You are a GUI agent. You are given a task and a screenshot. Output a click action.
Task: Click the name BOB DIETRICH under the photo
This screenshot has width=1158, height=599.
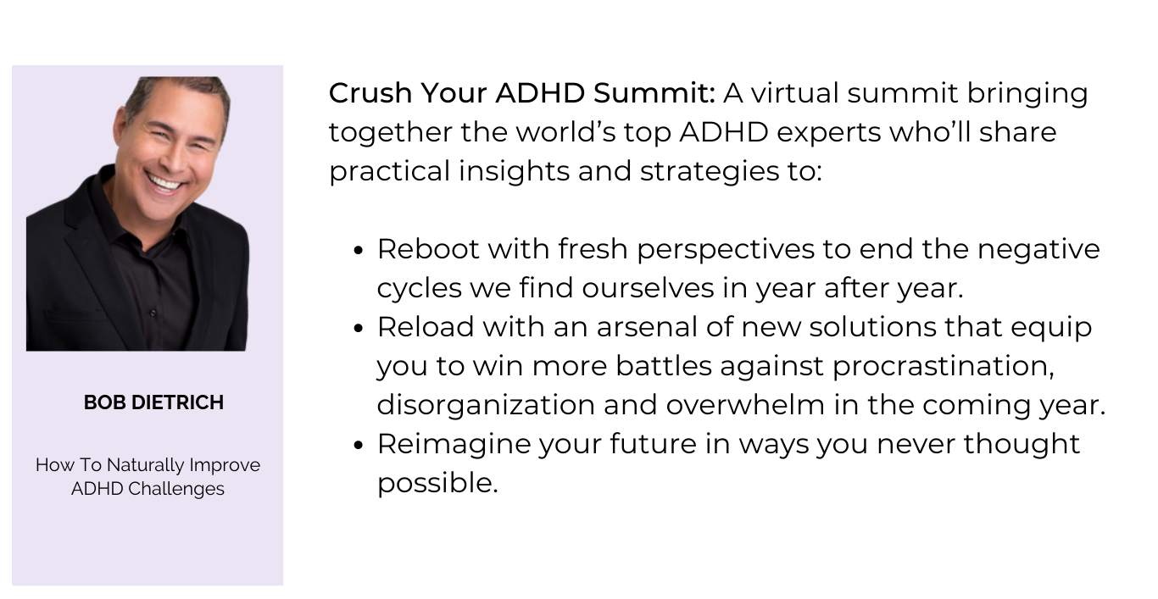tap(153, 402)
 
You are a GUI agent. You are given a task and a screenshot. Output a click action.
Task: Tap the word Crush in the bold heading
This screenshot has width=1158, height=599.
tap(370, 93)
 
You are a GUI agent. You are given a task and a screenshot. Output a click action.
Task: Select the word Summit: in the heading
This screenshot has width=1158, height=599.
tap(654, 93)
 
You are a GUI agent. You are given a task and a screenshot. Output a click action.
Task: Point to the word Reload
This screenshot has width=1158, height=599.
tap(426, 327)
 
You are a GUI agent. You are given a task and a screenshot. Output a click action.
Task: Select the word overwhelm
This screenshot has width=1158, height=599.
tap(745, 405)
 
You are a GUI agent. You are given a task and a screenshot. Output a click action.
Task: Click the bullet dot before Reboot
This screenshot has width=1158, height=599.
tap(359, 251)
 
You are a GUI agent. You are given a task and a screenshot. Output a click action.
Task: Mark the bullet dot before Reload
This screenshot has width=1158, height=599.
tap(359, 329)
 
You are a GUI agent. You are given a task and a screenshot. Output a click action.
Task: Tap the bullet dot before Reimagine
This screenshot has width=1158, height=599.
tap(359, 446)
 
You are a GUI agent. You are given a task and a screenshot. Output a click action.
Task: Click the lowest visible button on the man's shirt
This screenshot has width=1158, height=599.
tap(153, 313)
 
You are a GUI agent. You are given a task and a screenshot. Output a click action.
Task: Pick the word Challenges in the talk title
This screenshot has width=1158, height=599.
tap(176, 489)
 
